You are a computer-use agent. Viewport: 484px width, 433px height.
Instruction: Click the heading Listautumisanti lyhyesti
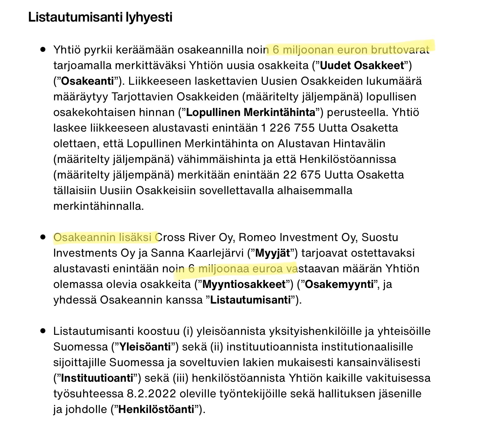(x=100, y=17)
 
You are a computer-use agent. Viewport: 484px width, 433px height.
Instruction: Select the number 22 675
(x=302, y=175)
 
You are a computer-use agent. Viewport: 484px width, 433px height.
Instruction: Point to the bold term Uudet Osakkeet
(x=362, y=66)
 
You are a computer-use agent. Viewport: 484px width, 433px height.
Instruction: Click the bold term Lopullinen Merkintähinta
(x=250, y=113)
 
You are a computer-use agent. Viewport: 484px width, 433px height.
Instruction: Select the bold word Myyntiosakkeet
(x=244, y=284)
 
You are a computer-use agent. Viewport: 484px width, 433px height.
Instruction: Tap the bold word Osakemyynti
(x=339, y=284)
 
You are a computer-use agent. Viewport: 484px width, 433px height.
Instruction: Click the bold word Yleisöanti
(x=145, y=347)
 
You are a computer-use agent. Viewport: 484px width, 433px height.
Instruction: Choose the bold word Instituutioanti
(x=97, y=378)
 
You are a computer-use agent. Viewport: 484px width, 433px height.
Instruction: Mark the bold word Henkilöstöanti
(x=156, y=410)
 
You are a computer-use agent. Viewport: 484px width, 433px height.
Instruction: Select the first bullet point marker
(x=43, y=50)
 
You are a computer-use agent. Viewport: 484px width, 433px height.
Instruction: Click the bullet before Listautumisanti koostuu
(x=43, y=331)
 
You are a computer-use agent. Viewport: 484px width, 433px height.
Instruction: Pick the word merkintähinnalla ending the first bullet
(x=98, y=206)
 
